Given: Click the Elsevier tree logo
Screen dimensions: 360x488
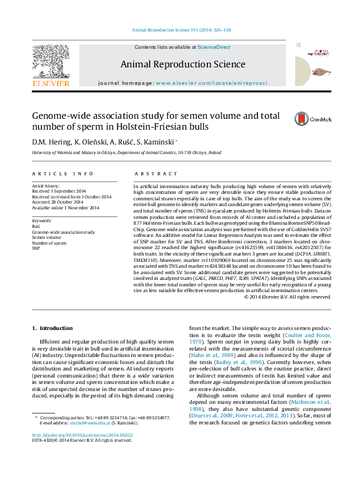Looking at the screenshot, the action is click(51, 62).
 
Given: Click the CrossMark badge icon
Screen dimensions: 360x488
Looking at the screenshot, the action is click(302, 119).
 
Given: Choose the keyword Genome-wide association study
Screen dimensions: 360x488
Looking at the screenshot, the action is click(64, 232).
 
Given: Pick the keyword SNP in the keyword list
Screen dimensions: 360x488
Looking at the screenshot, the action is click(37, 247).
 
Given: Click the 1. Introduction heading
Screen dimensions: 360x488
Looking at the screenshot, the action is click(53, 328).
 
